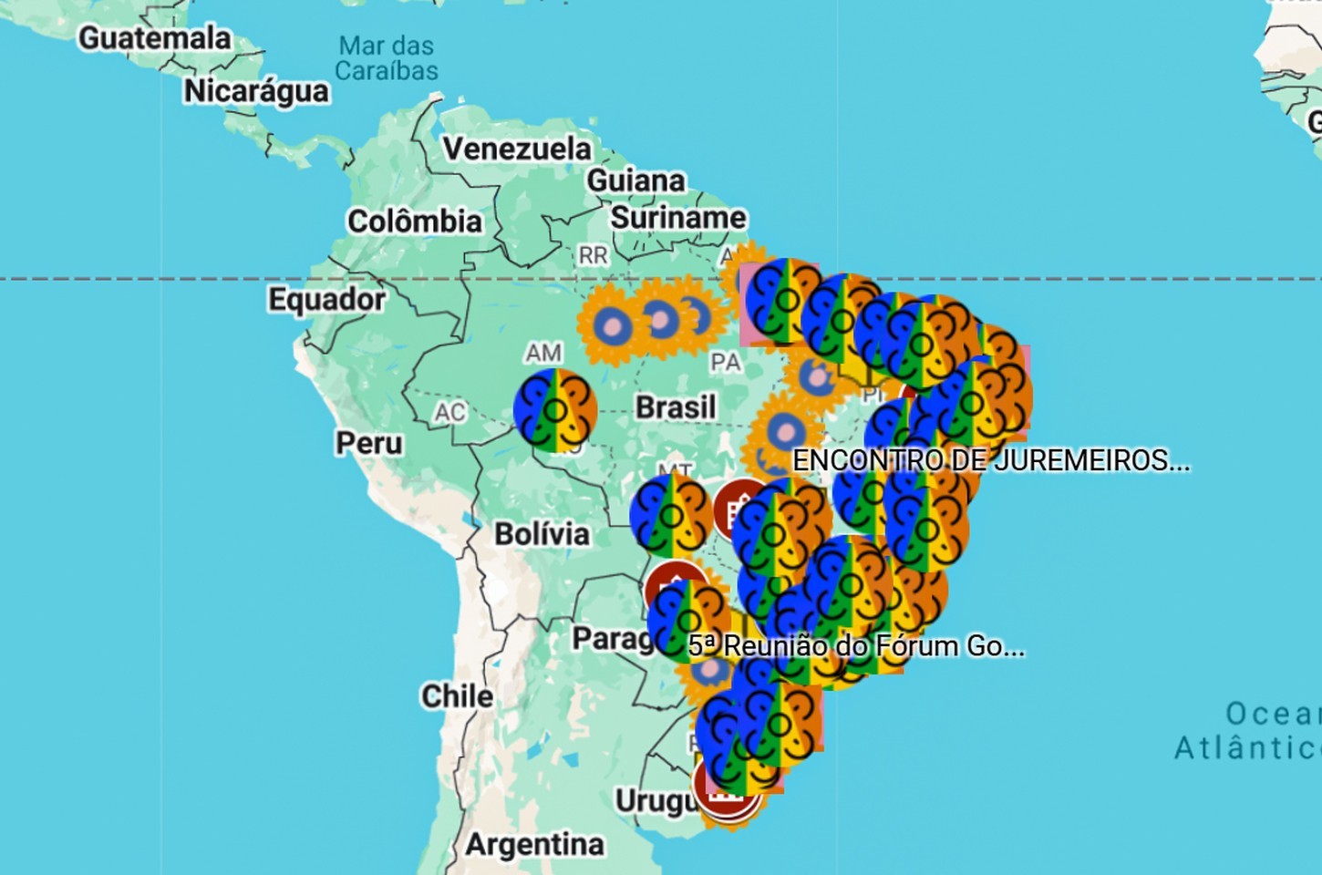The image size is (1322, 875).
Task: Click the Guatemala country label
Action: (154, 38)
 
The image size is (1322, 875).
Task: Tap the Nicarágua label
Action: (256, 91)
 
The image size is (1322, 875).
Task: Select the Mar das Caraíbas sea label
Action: (387, 57)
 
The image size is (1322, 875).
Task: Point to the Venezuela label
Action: (517, 149)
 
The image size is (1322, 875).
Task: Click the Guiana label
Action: (635, 180)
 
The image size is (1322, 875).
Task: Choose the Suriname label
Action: (677, 218)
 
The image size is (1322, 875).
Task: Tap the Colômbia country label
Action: (415, 221)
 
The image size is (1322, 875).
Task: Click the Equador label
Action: (326, 299)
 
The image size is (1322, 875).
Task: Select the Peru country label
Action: (369, 443)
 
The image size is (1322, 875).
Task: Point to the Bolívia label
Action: (542, 533)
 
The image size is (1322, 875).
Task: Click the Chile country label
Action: (457, 696)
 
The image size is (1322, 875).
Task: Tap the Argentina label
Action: (534, 845)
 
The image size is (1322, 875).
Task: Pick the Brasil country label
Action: (676, 407)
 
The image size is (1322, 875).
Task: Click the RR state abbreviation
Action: (593, 255)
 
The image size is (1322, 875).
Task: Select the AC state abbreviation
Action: (449, 413)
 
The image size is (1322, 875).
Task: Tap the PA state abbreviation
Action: (725, 363)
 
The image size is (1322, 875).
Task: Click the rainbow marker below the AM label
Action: (555, 410)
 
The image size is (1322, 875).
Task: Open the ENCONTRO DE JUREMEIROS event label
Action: (991, 460)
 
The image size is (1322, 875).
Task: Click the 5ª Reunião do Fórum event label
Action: (856, 646)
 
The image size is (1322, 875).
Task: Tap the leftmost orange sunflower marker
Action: (611, 324)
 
